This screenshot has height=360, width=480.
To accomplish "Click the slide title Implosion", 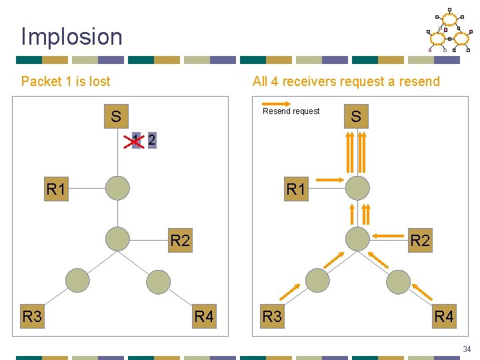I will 72,37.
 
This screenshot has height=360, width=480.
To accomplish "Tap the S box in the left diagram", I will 116,117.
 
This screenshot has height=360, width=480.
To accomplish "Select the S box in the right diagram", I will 356,117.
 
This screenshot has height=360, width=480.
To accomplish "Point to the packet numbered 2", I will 152,140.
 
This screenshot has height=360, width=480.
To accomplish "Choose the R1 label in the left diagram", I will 57,189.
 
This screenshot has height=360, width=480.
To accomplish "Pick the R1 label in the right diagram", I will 296,189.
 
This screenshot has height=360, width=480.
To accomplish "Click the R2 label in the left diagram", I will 180,240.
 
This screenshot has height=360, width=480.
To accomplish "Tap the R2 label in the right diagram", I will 420,240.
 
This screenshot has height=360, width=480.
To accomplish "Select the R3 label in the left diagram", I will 32,316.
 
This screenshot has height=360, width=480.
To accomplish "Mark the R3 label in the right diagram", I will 272,316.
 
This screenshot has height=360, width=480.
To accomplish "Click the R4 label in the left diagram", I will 204,316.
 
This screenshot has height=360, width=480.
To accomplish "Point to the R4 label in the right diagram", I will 444,316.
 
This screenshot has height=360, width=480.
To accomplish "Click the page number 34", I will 466,349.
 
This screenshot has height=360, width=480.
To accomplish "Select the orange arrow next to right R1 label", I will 329,179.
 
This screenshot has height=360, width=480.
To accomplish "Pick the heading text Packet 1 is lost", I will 65,81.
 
